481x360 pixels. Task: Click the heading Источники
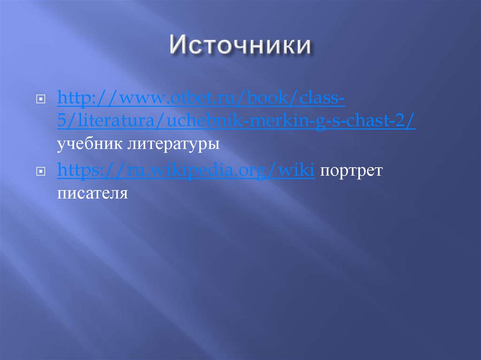click(240, 47)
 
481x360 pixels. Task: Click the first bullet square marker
click(41, 100)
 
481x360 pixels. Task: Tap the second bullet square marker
click(41, 173)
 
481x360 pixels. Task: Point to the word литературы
click(173, 145)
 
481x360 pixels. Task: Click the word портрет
click(351, 171)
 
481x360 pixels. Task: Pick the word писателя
click(93, 193)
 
